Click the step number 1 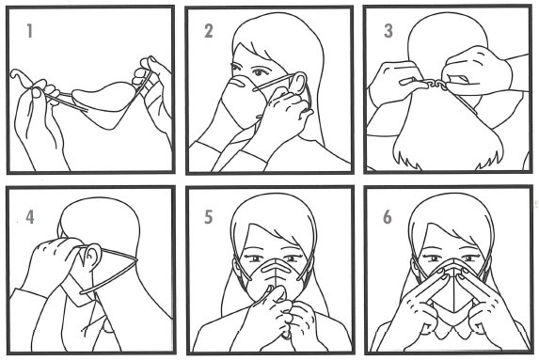[x=30, y=31]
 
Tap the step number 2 [x=209, y=31]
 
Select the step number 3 [x=388, y=31]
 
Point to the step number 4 [x=30, y=217]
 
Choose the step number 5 [x=208, y=217]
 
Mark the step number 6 [x=388, y=217]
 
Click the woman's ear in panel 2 [x=299, y=84]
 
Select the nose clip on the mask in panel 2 [x=238, y=83]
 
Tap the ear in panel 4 [x=92, y=256]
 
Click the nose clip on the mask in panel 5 [x=276, y=267]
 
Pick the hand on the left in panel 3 [x=395, y=84]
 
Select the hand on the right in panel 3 [x=478, y=71]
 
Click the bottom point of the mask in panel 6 [x=454, y=312]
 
